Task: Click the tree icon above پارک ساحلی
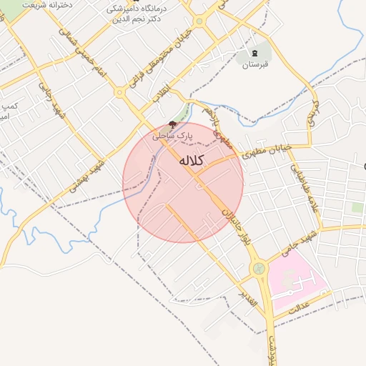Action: (172, 124)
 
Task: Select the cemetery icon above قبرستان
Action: (257, 54)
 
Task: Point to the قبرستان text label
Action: (256, 66)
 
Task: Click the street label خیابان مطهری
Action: (267, 149)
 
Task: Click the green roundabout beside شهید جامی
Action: (258, 269)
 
